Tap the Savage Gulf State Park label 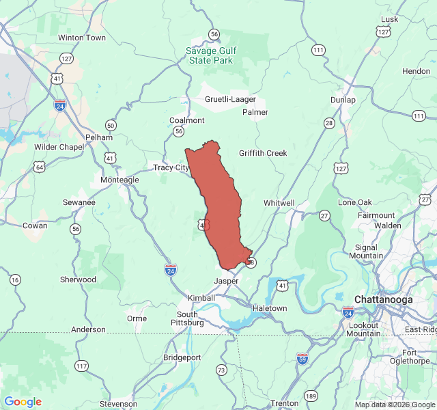219,55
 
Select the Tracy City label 171,167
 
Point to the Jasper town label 226,281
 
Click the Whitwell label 279,203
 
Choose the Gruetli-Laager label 230,99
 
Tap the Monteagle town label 119,180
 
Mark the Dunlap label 343,100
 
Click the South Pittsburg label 186,318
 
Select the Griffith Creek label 263,153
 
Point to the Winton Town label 82,38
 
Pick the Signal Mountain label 367,251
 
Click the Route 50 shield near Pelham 111,124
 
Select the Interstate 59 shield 302,358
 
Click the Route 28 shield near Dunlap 329,123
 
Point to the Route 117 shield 81,366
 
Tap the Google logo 23,402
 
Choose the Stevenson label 119,404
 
